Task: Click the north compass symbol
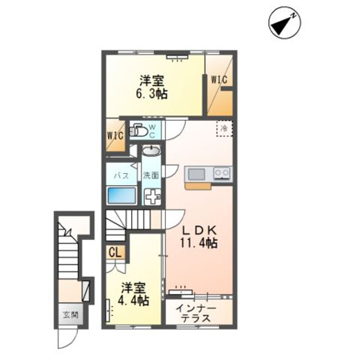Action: coord(285,23)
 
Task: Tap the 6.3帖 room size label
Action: coord(151,88)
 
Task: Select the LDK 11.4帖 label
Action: coord(199,238)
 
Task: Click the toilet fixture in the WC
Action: coord(138,130)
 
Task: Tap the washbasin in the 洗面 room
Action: coord(151,150)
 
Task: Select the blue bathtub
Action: coord(121,196)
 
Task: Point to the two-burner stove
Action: coord(221,173)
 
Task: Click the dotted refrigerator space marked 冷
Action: coord(224,128)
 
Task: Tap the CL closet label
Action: coord(115,253)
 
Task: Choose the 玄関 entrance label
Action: coord(71,315)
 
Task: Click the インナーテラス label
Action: coord(196,313)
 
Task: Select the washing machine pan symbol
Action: coord(153,197)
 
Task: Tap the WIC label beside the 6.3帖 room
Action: coord(219,80)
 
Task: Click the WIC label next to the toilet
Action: coord(115,135)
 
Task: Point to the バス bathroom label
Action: coord(122,176)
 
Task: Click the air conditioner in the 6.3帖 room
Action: coord(176,57)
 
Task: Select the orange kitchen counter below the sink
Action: coord(198,185)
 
